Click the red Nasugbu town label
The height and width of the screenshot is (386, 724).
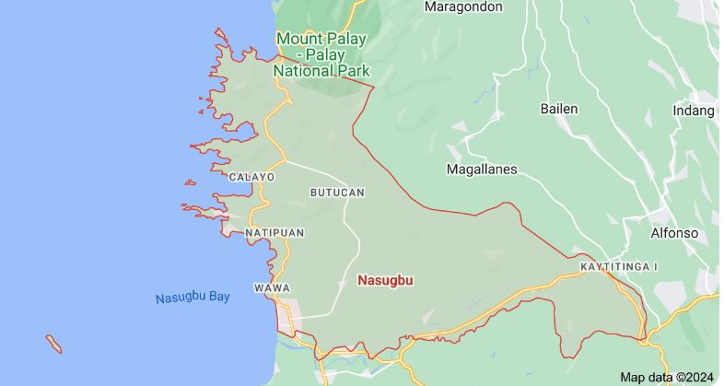[386, 279]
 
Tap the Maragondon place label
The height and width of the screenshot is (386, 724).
[463, 6]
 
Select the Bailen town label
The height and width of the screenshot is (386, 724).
[558, 109]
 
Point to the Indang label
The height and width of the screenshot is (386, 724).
[695, 111]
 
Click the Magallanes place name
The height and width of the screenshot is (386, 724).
[482, 170]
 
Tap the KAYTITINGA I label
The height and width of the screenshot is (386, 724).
[619, 266]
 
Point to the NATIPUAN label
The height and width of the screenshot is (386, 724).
[274, 233]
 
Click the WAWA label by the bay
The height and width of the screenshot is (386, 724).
[272, 288]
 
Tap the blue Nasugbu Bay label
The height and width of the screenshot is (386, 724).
[193, 298]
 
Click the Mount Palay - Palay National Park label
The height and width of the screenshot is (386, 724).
[322, 54]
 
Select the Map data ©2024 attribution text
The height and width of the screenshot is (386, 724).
[667, 377]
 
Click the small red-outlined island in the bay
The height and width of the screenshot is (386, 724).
[54, 344]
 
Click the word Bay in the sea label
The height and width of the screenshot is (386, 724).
[219, 297]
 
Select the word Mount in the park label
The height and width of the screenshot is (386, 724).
[296, 39]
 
